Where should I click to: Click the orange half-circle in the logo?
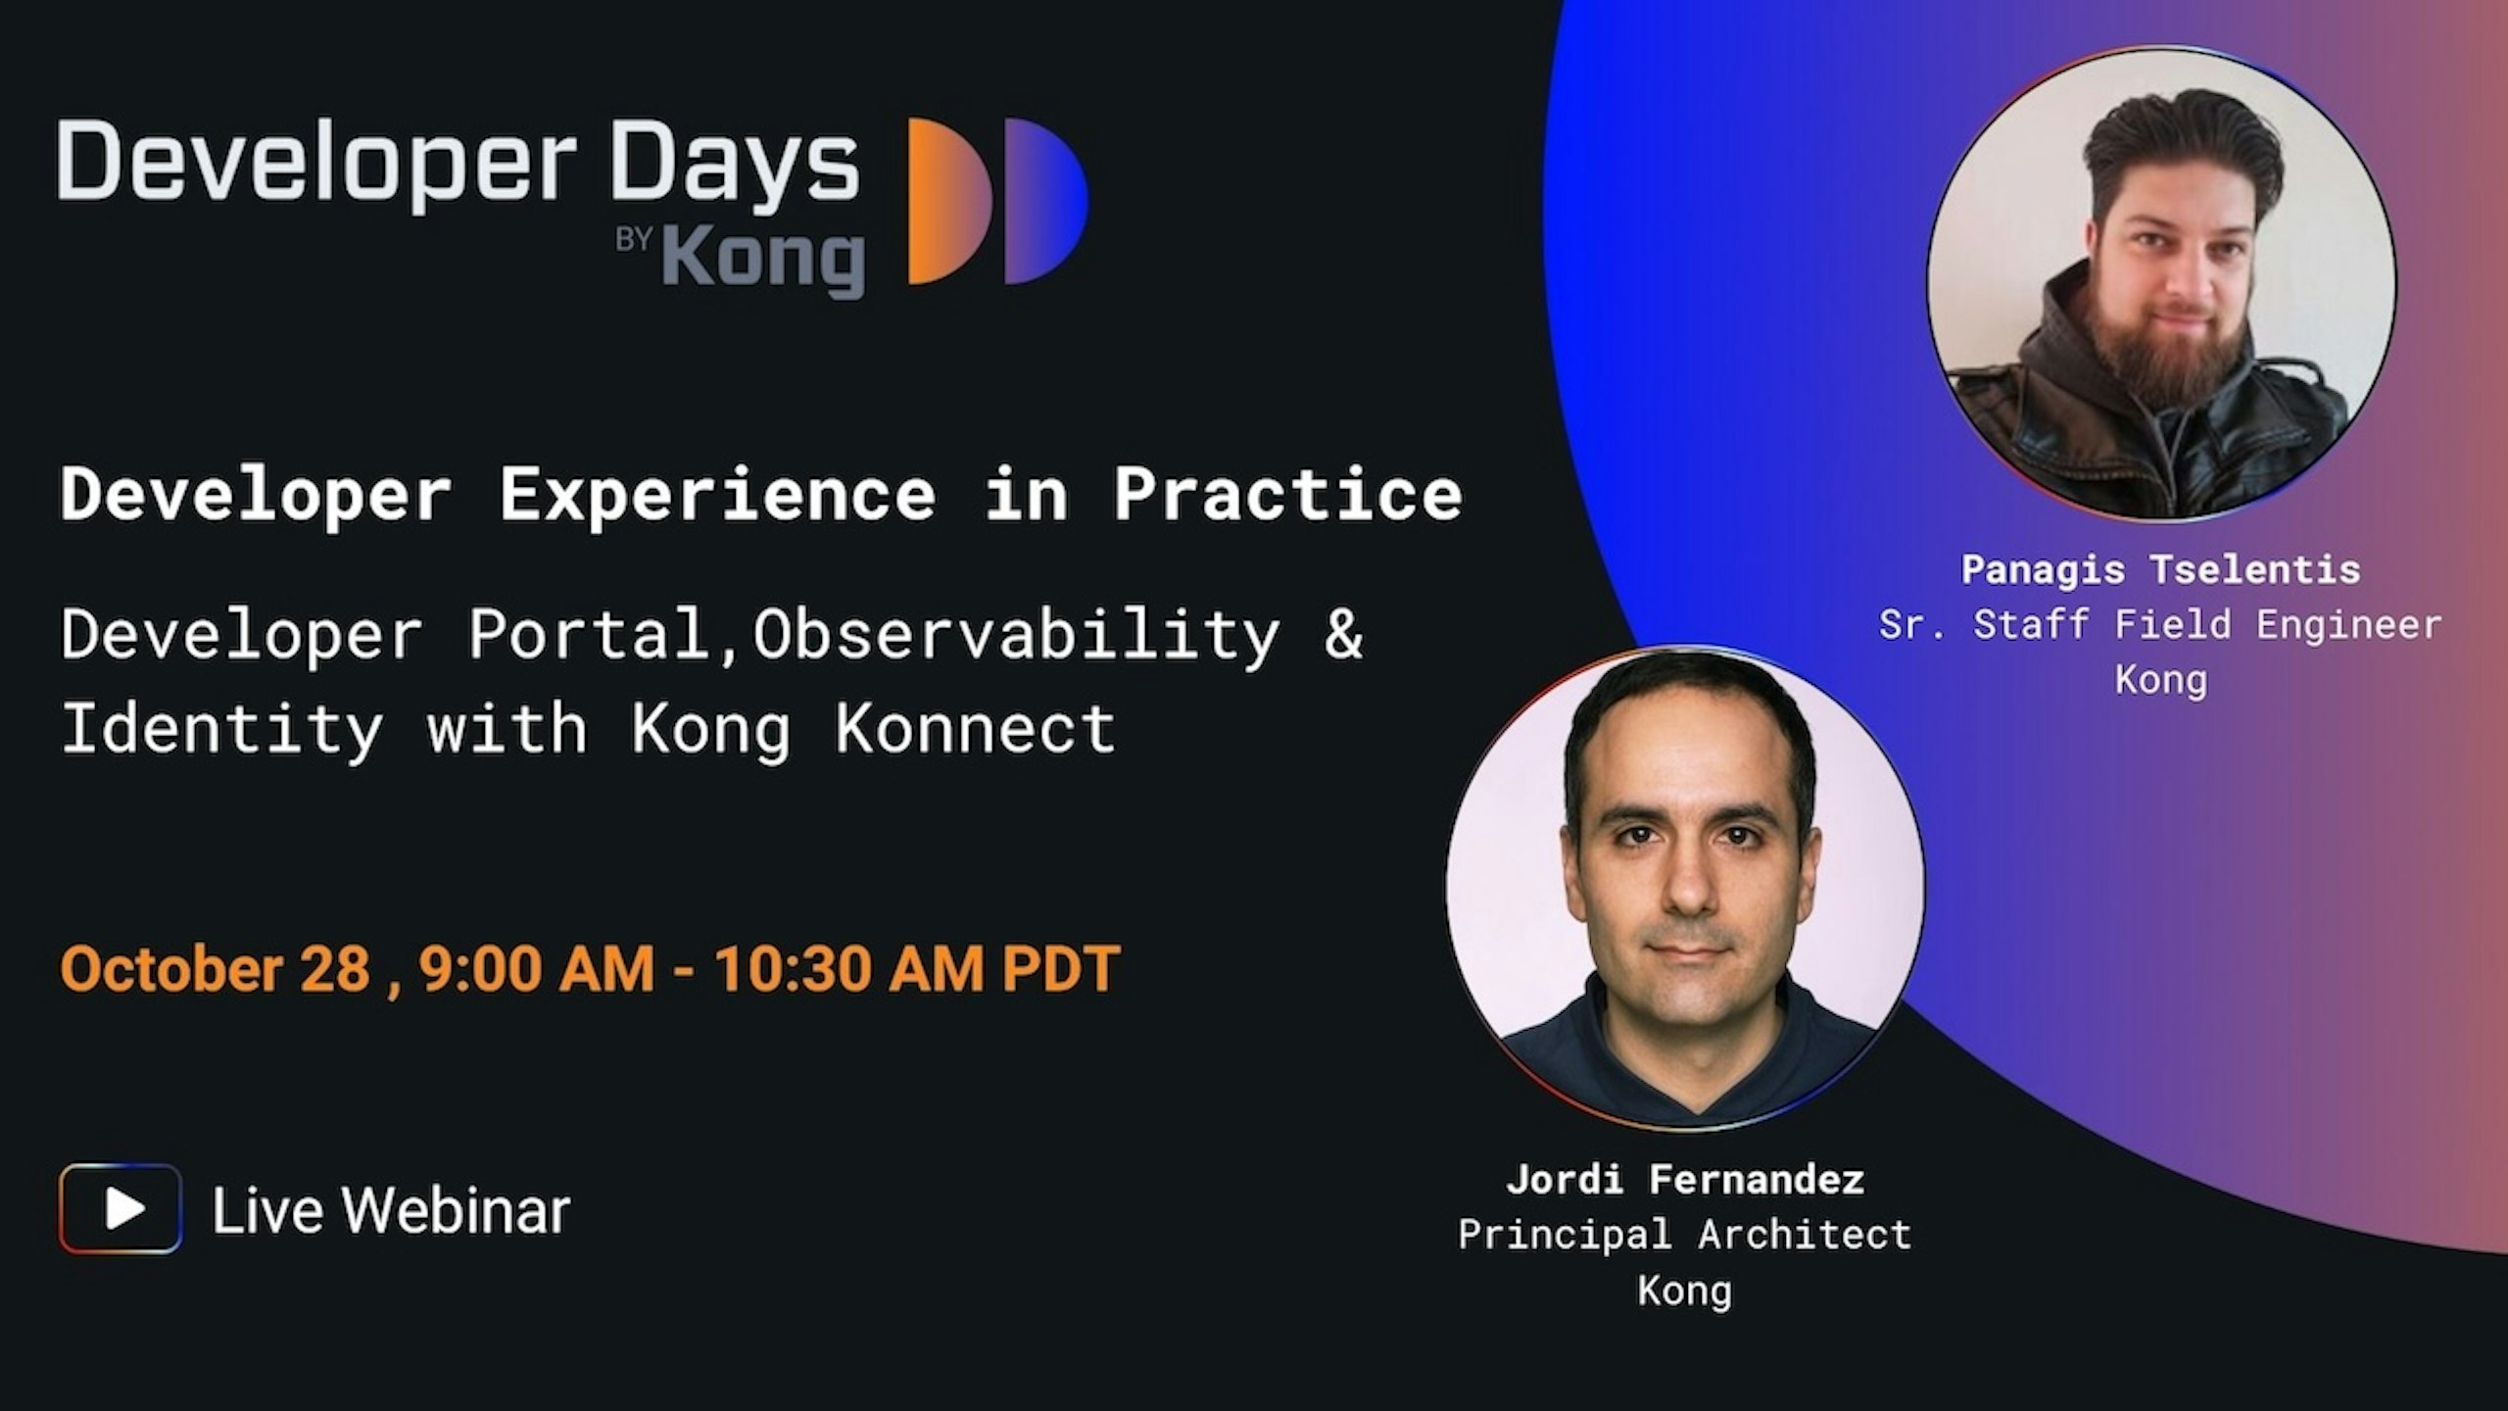point(945,202)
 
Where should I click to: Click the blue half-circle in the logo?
point(1042,202)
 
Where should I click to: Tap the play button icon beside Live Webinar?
point(121,1209)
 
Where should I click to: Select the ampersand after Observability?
point(1343,633)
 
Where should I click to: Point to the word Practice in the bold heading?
point(1287,494)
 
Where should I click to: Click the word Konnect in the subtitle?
point(976,728)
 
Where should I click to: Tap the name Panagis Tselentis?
point(2160,569)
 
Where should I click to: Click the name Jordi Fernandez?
point(1685,1179)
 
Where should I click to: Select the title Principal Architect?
point(1685,1235)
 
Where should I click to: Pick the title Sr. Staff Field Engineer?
point(2160,624)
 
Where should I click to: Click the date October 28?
point(215,968)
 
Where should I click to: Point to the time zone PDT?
point(1061,968)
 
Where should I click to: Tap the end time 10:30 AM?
point(848,968)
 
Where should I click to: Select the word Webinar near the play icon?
point(456,1210)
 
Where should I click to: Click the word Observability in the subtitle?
point(1016,633)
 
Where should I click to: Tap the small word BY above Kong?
point(634,241)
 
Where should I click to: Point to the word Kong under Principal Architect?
point(1685,1290)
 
